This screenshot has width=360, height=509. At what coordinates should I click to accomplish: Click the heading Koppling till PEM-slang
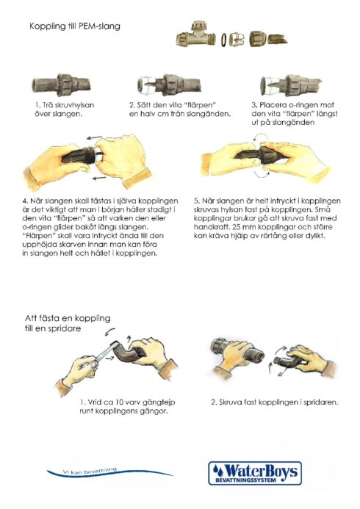75,26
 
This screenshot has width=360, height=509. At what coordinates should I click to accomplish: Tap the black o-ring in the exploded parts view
224,40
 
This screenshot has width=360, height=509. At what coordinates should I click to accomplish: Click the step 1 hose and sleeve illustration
62,84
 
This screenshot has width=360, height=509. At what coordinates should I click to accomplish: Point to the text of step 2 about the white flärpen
180,109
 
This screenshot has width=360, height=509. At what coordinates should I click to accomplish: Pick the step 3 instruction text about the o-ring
295,114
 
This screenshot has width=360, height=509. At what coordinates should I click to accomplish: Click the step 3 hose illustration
291,86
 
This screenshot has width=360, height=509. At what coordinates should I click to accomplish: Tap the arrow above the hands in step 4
95,138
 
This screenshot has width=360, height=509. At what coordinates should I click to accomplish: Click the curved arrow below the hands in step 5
262,174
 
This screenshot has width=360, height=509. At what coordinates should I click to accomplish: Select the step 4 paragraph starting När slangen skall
100,227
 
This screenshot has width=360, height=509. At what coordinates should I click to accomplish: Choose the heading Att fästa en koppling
68,323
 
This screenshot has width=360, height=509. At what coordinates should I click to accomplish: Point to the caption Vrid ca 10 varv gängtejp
127,406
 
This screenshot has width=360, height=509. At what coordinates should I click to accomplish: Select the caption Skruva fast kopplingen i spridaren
275,402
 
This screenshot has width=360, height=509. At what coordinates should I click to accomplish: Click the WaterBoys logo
255,473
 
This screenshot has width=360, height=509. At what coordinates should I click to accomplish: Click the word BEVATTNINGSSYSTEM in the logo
245,480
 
